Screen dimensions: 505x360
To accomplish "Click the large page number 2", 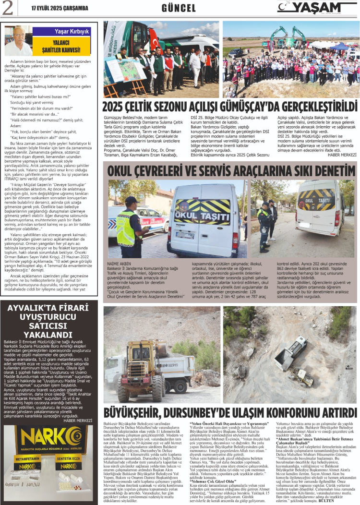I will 9,8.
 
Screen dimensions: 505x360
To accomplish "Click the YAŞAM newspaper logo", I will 316,8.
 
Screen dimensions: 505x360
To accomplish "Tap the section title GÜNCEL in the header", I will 179,8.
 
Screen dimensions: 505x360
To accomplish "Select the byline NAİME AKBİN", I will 119,264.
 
